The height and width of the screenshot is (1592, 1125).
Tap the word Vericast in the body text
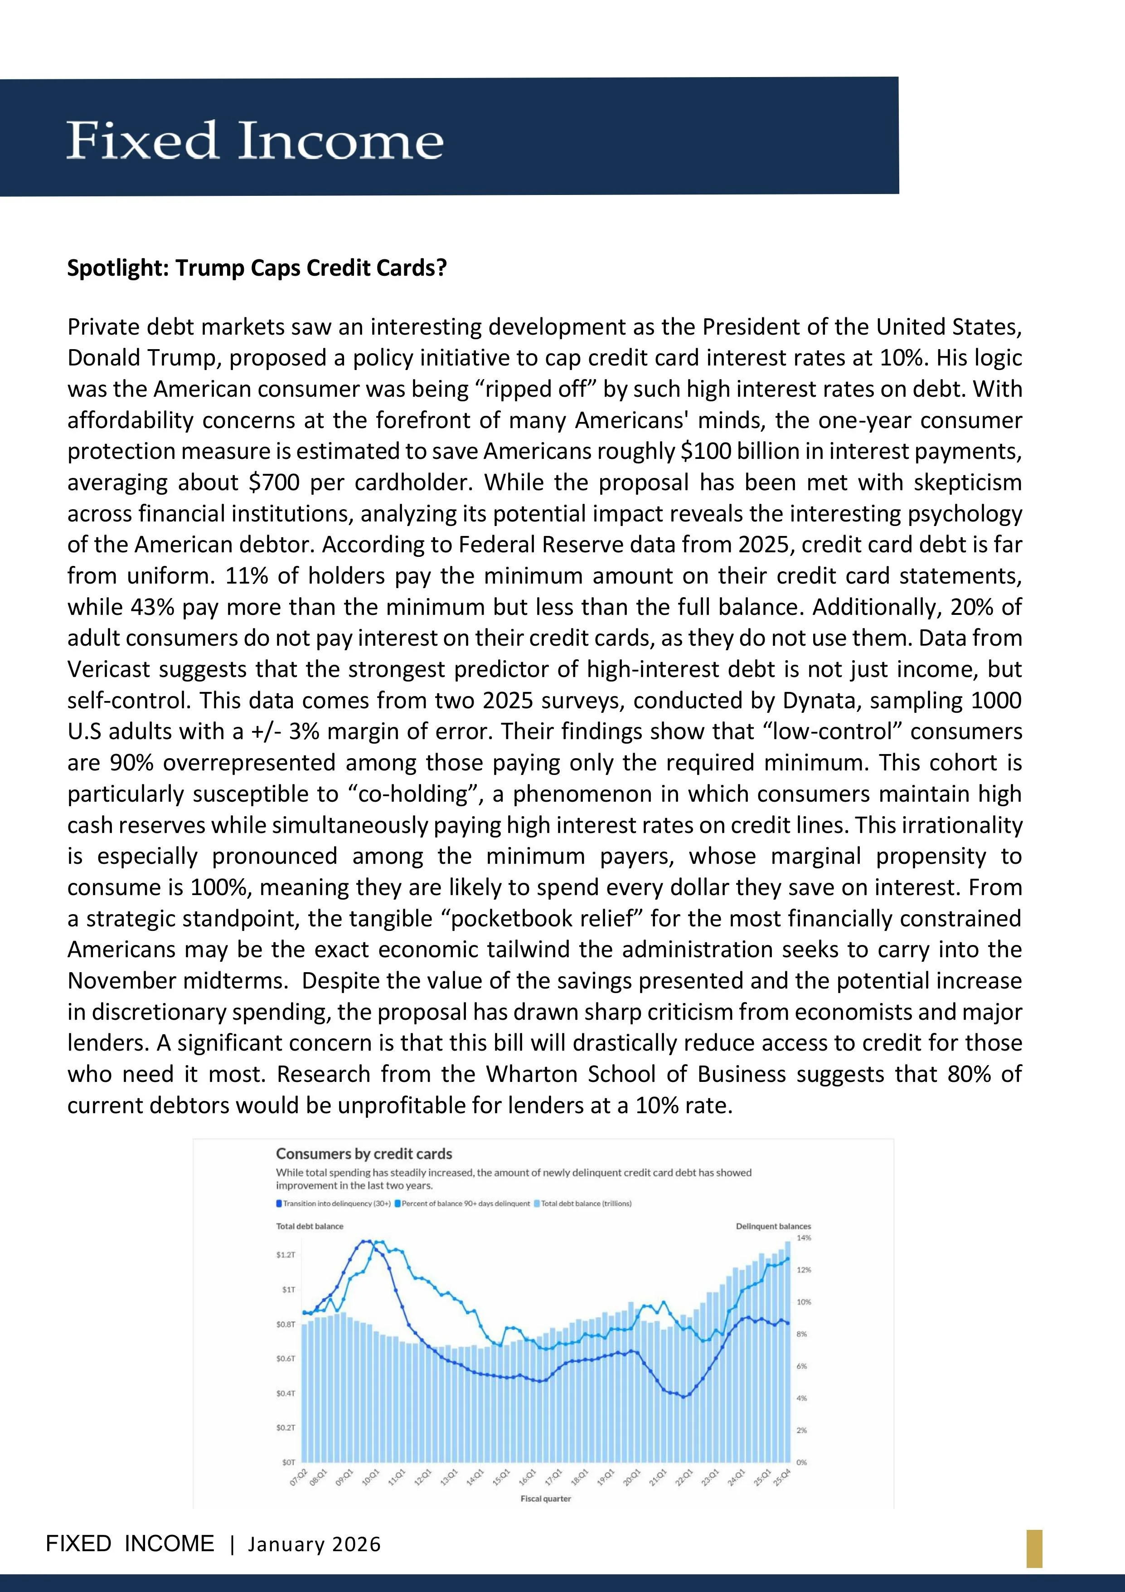108,669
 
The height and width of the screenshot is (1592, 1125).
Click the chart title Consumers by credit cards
364,1154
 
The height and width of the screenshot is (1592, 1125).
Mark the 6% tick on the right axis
802,1366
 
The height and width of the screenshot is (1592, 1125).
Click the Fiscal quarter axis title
546,1499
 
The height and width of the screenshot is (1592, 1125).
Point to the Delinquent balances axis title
773,1227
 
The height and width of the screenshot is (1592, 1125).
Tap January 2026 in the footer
314,1544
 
